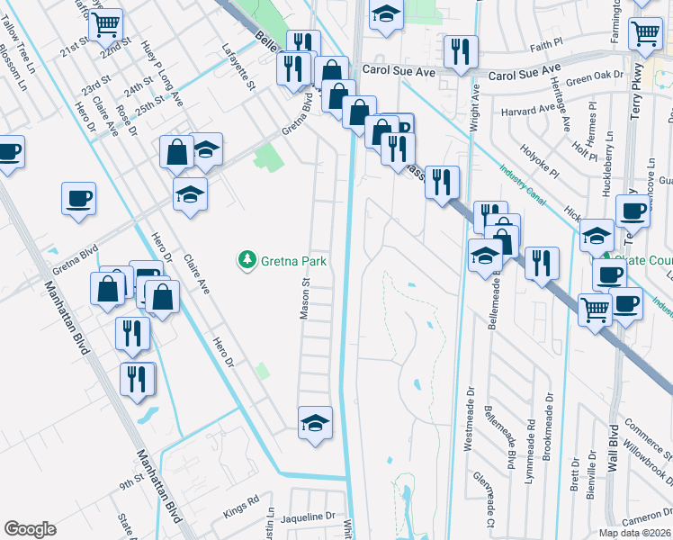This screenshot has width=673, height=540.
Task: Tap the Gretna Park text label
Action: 292,261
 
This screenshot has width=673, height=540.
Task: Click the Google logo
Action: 30,529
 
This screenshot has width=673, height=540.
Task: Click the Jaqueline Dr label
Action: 307,517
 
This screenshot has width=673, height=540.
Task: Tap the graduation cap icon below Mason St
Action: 315,422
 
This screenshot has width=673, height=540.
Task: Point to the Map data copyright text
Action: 635,533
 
